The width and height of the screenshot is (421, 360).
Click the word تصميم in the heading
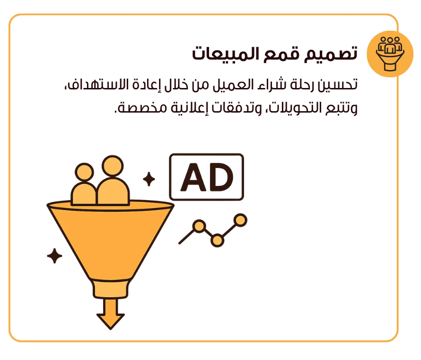[x=331, y=54]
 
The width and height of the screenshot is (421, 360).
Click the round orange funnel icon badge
[x=390, y=54]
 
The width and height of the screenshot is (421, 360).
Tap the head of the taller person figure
[x=113, y=166]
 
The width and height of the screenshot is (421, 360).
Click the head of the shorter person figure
[x=84, y=172]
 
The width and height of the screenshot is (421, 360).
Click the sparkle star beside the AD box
[x=149, y=179]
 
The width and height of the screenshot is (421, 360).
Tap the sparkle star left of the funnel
[x=54, y=256]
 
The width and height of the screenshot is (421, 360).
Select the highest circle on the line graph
[x=240, y=220]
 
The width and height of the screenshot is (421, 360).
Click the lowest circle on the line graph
[x=217, y=240]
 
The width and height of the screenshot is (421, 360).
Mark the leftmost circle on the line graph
[x=199, y=226]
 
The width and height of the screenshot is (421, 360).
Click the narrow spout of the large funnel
[x=111, y=289]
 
